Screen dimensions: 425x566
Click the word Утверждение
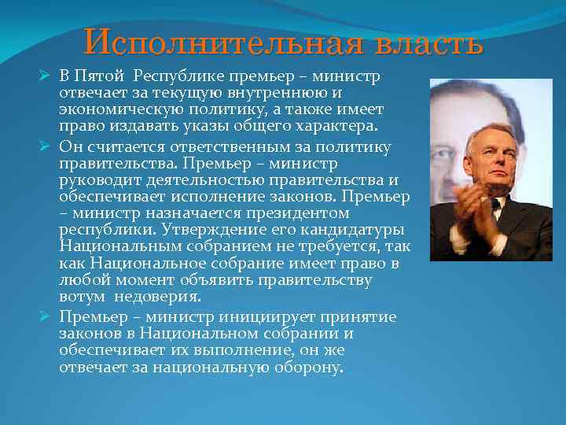(x=206, y=230)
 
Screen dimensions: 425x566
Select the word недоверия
(x=157, y=297)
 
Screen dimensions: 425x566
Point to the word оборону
(x=301, y=368)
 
